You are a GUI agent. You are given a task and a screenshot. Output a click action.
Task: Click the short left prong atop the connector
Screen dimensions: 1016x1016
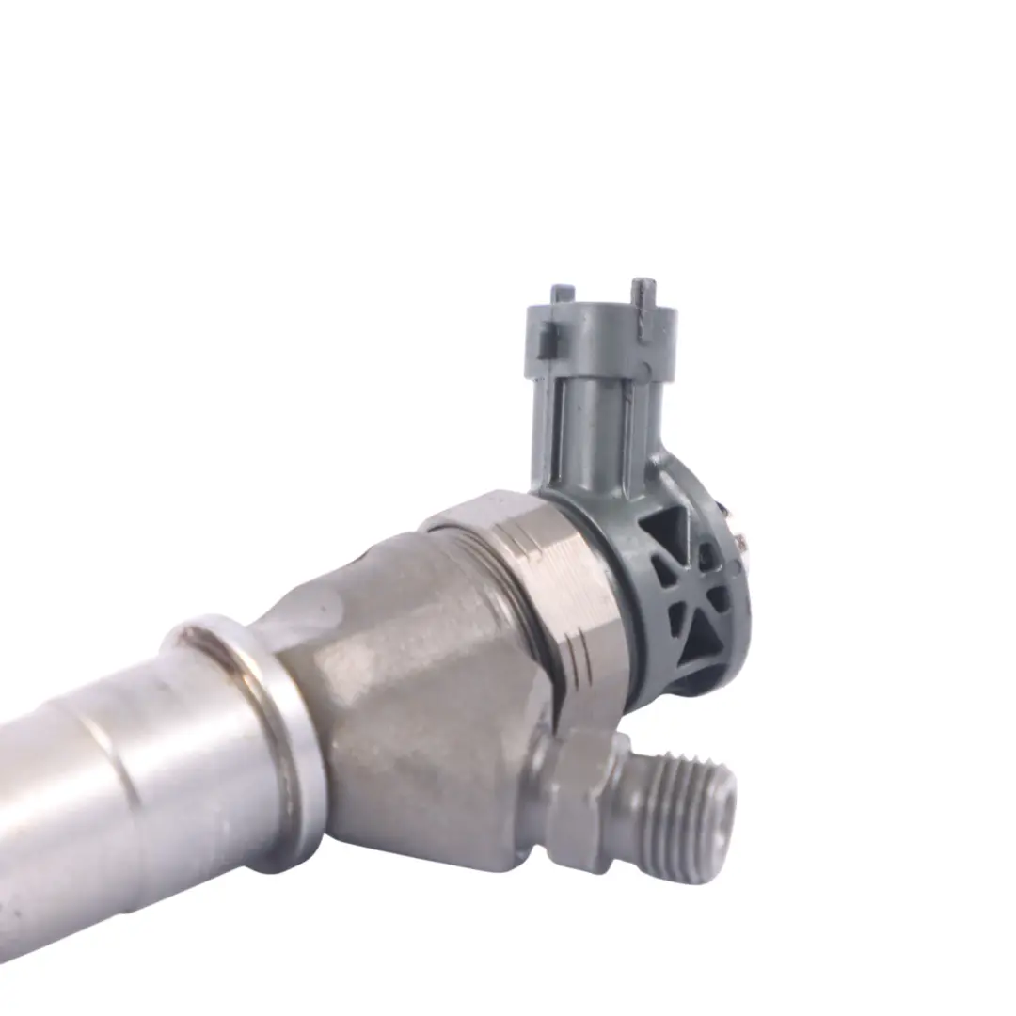(563, 294)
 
